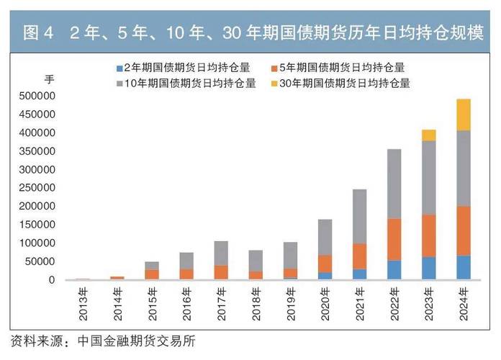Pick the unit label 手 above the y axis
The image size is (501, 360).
[x=48, y=78]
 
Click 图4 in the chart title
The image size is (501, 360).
[x=39, y=32]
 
